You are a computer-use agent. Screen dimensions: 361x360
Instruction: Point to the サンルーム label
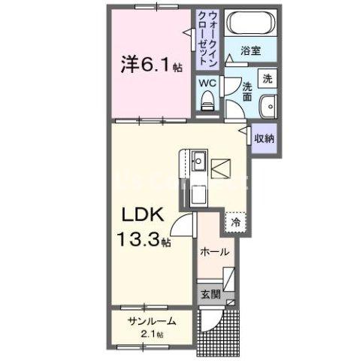151,320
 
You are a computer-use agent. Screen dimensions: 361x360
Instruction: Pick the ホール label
214,253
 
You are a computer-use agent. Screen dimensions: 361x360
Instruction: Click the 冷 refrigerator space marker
235,222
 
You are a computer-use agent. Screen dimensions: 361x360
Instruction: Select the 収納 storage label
263,138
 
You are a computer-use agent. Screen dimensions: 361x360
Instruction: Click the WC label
207,83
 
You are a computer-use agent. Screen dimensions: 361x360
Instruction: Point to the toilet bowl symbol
207,101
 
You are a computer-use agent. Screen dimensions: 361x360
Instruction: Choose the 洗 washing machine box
267,77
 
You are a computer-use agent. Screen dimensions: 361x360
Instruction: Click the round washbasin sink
268,106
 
